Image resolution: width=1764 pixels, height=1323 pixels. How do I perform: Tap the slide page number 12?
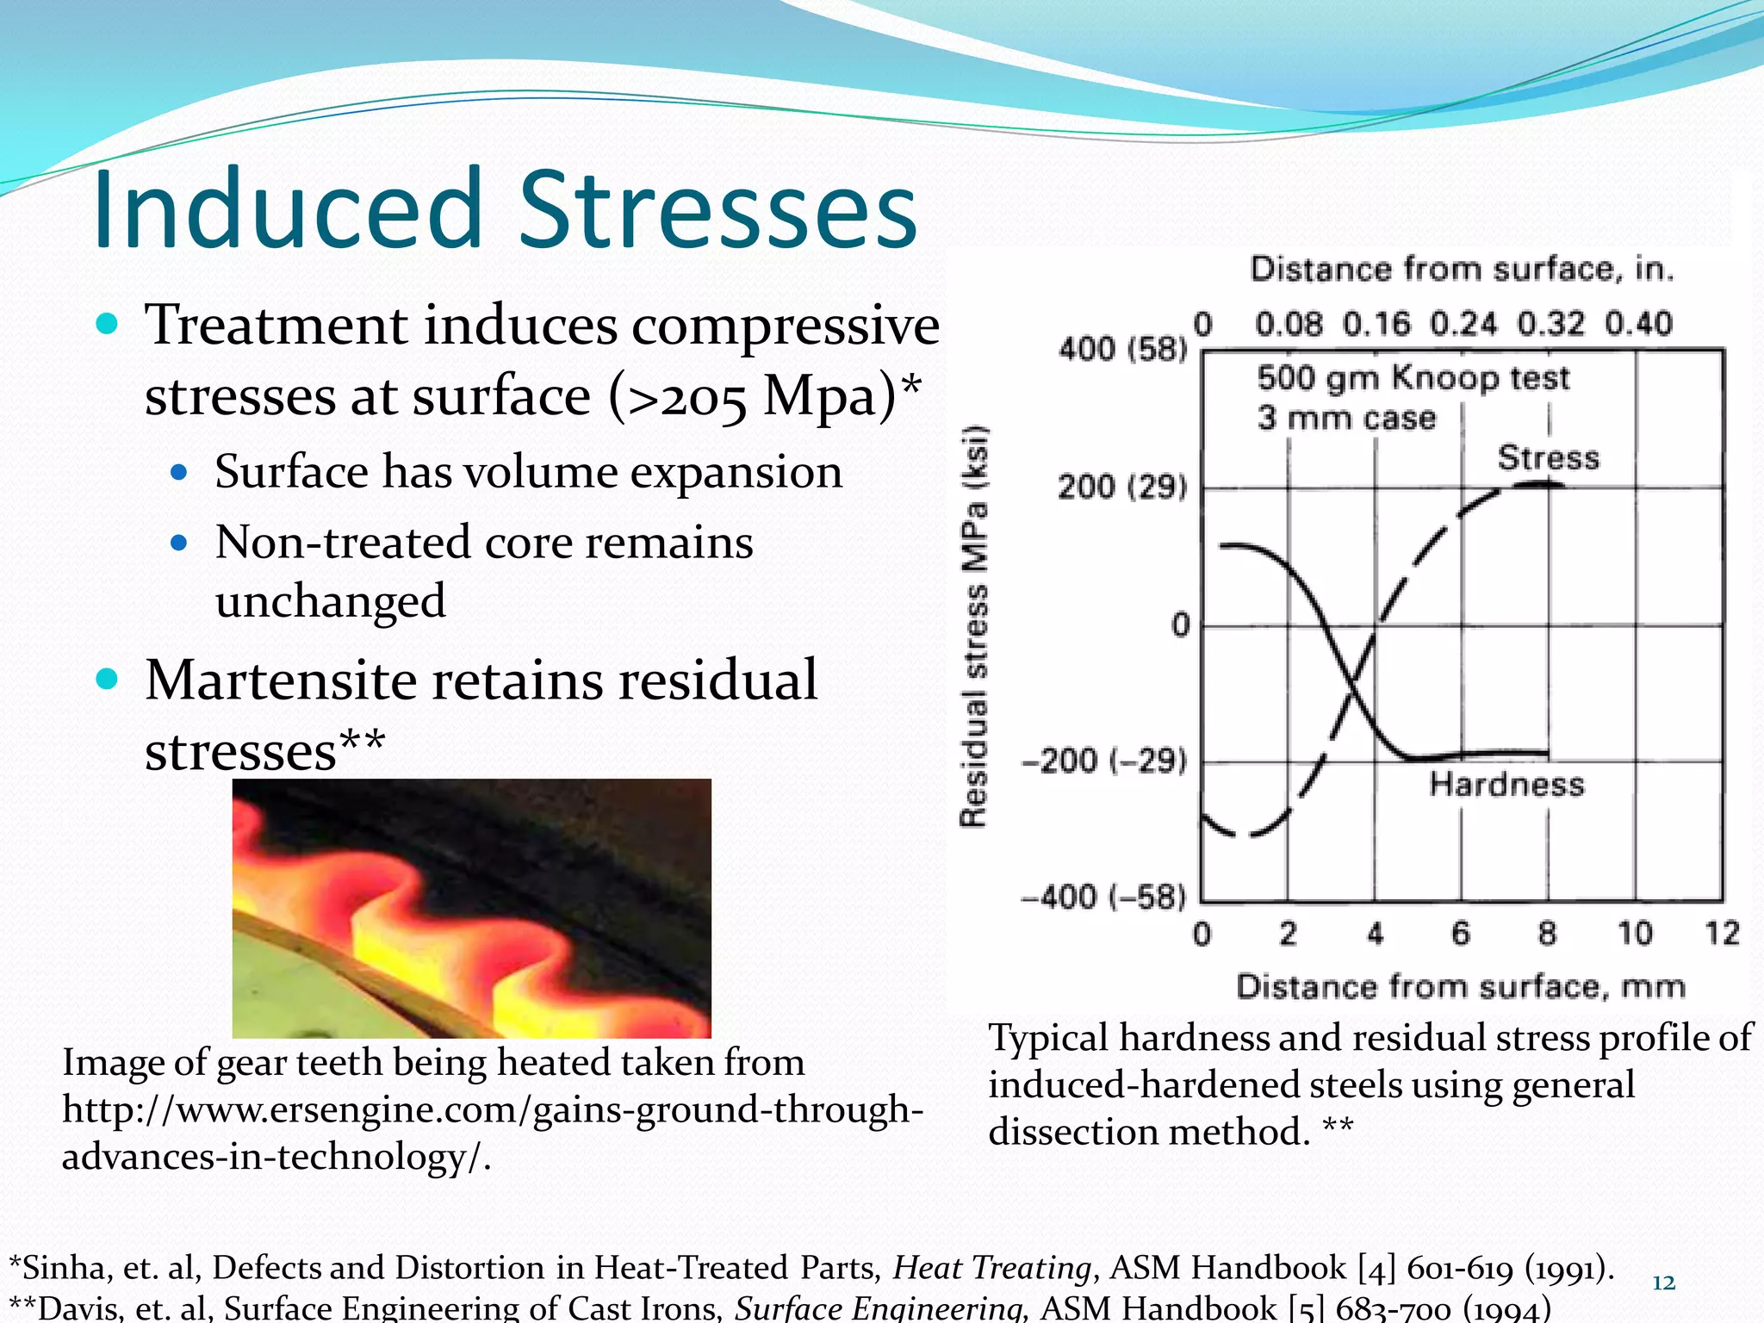coord(1663,1283)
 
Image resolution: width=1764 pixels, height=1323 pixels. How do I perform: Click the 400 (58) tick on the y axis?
coord(1122,349)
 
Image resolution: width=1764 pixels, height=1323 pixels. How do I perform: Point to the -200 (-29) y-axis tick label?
coord(1105,761)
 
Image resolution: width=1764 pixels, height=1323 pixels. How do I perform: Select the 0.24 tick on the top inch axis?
coord(1463,324)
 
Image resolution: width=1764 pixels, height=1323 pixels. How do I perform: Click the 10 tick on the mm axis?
coord(1634,933)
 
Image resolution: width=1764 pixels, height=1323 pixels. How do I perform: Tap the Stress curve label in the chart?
coord(1548,457)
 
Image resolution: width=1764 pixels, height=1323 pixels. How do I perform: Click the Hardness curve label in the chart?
coord(1506,784)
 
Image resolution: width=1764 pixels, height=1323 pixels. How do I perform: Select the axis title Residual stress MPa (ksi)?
coord(974,626)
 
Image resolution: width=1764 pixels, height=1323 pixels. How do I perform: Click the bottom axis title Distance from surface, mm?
coord(1460,986)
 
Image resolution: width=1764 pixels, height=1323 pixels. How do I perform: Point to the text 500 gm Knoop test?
coord(1413,378)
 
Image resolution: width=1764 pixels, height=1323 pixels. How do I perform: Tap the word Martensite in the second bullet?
coord(281,680)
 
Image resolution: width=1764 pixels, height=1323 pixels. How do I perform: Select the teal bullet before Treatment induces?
coord(107,325)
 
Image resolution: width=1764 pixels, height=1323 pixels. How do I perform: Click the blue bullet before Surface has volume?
coord(179,472)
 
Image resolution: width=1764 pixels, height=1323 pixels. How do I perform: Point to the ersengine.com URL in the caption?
coord(491,1109)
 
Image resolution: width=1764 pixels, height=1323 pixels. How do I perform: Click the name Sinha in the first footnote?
coord(64,1268)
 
